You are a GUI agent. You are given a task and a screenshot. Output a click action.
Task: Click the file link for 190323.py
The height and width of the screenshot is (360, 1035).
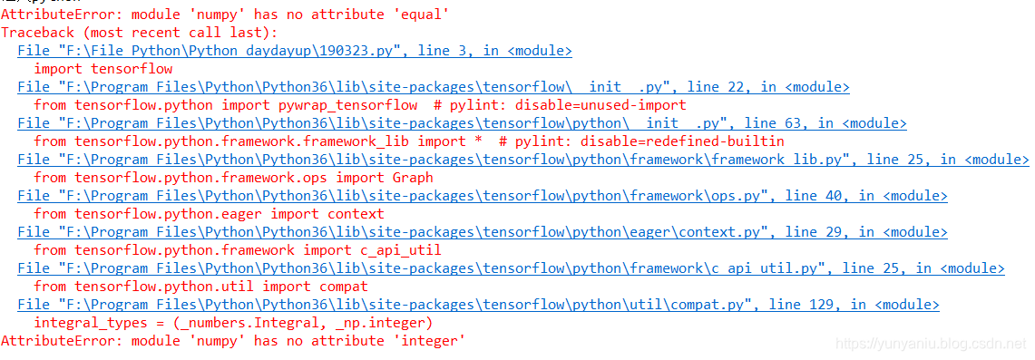pyautogui.click(x=295, y=51)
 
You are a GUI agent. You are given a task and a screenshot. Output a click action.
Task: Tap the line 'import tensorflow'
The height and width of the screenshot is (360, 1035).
pyautogui.click(x=103, y=69)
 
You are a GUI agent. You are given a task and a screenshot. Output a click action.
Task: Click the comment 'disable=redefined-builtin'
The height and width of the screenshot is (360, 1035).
pyautogui.click(x=682, y=141)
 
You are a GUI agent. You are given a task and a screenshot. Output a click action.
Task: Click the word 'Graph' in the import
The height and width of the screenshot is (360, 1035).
pyautogui.click(x=412, y=178)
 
